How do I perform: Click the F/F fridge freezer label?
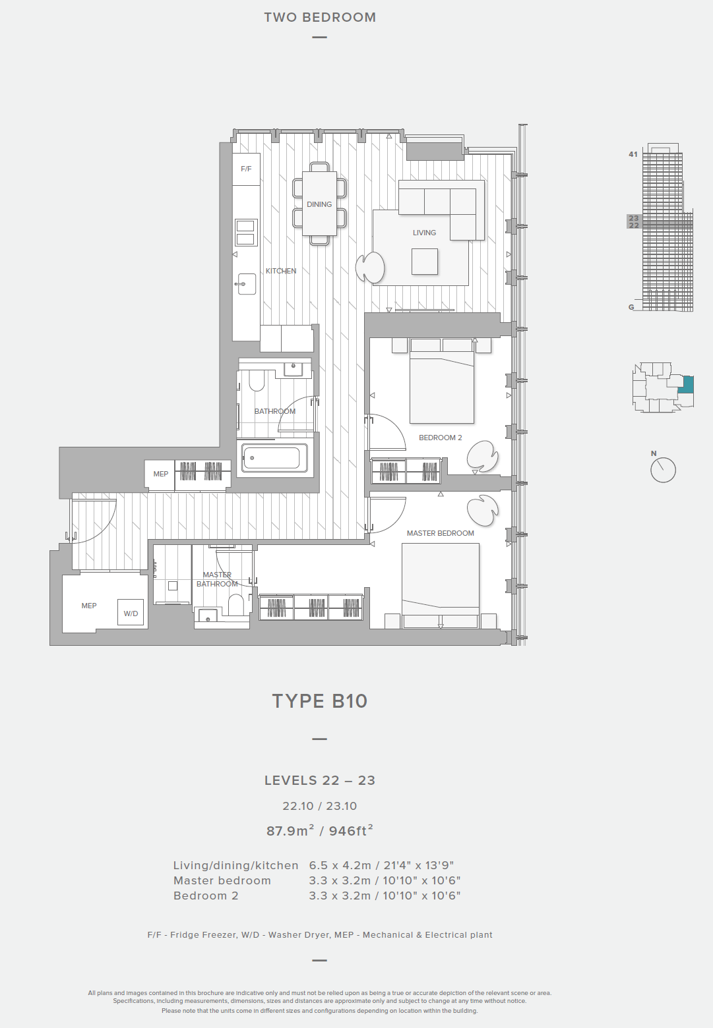(246, 169)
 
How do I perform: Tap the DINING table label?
(319, 204)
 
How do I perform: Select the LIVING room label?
(424, 233)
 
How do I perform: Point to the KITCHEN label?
(281, 271)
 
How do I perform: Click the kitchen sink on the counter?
(246, 284)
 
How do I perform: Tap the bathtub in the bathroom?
(275, 457)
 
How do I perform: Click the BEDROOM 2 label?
(440, 438)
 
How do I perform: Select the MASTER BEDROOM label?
(440, 533)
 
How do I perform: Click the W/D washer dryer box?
(131, 612)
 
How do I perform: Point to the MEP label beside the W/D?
(88, 606)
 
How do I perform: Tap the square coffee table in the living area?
(425, 262)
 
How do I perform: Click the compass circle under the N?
(663, 470)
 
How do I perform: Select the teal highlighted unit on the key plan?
(686, 385)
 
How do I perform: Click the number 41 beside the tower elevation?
(633, 155)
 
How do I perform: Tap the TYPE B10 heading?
(320, 701)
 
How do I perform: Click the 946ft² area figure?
(350, 831)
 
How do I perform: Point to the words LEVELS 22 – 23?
(320, 781)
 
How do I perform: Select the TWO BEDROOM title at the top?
(320, 17)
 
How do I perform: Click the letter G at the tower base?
(631, 308)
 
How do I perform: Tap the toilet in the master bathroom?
(236, 606)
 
